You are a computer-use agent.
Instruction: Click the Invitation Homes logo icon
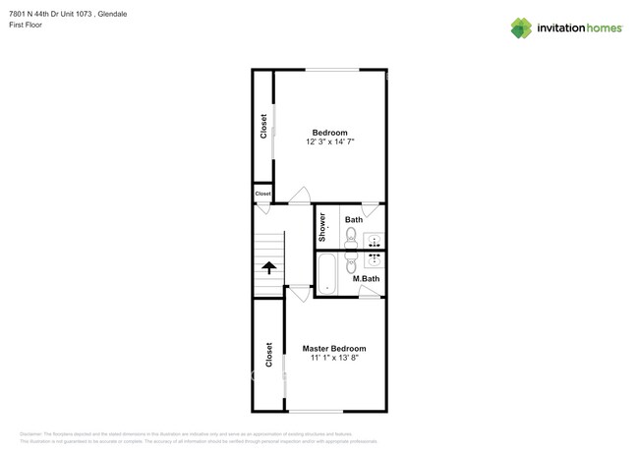point(520,28)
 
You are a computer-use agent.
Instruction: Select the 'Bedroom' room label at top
point(329,133)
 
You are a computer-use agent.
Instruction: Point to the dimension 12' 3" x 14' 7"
point(329,142)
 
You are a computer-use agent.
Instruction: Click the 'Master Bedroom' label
point(334,349)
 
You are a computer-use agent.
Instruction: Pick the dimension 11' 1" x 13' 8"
point(334,359)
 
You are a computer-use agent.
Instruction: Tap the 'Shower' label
point(322,227)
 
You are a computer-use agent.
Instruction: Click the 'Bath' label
point(353,220)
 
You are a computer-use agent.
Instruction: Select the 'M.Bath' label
point(366,279)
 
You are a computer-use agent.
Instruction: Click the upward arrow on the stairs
point(268,267)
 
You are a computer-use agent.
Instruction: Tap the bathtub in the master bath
point(326,273)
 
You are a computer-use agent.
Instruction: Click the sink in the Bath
point(374,240)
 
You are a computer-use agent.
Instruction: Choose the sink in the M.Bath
point(374,260)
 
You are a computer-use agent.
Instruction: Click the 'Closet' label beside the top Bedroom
point(263,127)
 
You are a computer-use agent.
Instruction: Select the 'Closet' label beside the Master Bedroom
point(268,354)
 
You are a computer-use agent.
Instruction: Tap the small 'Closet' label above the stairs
point(262,195)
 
